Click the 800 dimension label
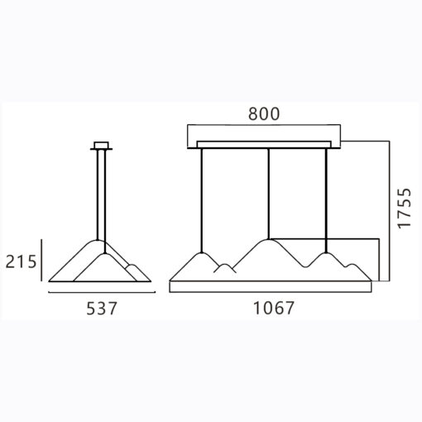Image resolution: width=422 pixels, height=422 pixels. pyautogui.click(x=264, y=113)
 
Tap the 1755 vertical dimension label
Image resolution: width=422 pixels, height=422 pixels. pyautogui.click(x=405, y=209)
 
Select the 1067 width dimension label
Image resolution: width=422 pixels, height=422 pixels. pyautogui.click(x=274, y=308)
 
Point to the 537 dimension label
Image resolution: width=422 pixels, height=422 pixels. pyautogui.click(x=102, y=308)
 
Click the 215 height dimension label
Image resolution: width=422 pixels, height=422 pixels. pyautogui.click(x=21, y=261)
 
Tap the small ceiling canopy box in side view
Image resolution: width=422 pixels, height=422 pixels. pyautogui.click(x=101, y=145)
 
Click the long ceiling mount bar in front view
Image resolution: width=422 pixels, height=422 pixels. pyautogui.click(x=264, y=145)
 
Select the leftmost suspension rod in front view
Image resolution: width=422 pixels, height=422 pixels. pyautogui.click(x=202, y=200)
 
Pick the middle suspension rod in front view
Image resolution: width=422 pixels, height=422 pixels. pyautogui.click(x=268, y=194)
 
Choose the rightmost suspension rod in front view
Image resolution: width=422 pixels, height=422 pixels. pyautogui.click(x=326, y=200)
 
